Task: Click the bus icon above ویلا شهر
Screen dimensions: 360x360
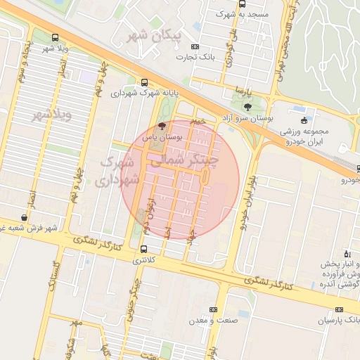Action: point(56,38)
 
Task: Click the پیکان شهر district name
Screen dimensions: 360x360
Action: point(154,34)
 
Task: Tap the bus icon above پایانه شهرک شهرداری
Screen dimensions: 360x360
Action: point(144,82)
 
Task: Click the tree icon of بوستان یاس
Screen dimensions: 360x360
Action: point(162,127)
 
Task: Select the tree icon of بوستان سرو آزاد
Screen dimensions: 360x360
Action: point(247,107)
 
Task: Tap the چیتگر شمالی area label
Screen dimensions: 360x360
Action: point(185,160)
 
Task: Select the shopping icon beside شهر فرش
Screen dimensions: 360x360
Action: point(25,217)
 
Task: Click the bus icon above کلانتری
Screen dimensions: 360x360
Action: point(144,249)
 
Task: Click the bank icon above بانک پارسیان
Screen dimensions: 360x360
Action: point(340,309)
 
